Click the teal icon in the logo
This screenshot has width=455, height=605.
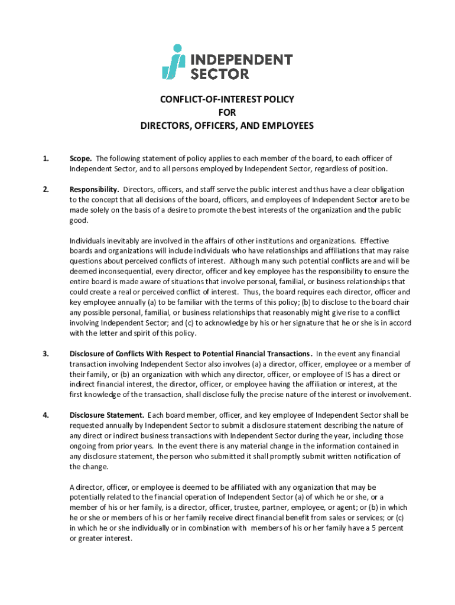tap(173, 61)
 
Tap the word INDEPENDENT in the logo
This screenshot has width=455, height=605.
tap(241, 60)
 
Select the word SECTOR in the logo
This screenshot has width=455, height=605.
tap(219, 74)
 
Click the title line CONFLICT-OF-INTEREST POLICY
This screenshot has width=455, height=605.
tap(227, 99)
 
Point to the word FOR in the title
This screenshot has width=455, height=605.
tap(227, 112)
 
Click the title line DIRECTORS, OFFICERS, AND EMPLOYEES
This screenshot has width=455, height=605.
tap(227, 125)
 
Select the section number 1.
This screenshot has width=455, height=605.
tap(45, 158)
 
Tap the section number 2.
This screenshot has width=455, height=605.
tap(45, 190)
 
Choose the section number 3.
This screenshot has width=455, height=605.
tap(45, 354)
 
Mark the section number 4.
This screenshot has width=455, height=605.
tap(45, 415)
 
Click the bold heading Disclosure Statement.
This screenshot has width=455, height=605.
tap(106, 415)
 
